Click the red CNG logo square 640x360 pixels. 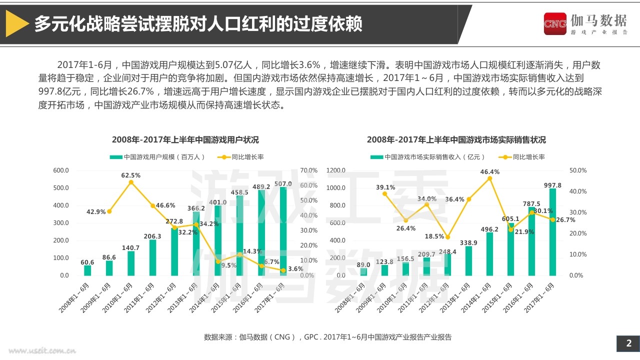click(x=555, y=23)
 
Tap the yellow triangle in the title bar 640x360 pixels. click(x=16, y=24)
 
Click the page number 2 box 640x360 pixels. click(x=629, y=343)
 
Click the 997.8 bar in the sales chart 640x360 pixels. click(x=552, y=232)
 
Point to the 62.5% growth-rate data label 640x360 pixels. click(x=130, y=175)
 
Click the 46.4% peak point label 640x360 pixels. click(x=490, y=172)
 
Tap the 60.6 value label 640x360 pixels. click(x=87, y=262)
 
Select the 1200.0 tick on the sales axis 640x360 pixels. click(x=335, y=170)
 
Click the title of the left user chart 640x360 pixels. click(x=185, y=139)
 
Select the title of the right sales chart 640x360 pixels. click(x=456, y=139)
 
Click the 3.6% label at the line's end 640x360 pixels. click(x=296, y=269)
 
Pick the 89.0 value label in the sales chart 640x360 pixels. click(x=363, y=265)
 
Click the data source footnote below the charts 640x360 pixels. click(x=327, y=337)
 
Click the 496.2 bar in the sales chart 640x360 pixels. click(x=489, y=254)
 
